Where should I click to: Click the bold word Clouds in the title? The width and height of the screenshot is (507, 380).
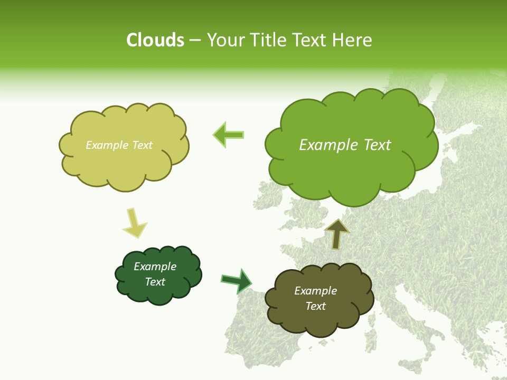click(155, 40)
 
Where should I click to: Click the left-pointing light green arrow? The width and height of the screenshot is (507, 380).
click(228, 135)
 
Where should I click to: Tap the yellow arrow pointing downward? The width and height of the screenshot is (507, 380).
click(134, 223)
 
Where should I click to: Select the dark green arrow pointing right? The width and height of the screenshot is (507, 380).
click(237, 281)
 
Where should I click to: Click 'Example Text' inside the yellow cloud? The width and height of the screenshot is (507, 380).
click(119, 145)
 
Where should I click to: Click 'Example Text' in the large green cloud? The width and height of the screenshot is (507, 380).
click(345, 145)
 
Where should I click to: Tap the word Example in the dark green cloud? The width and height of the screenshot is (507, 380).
click(155, 267)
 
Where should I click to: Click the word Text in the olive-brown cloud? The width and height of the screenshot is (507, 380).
click(315, 306)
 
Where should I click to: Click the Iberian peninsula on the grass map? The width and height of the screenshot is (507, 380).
click(264, 338)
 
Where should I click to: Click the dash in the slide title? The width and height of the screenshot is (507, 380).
click(195, 40)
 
